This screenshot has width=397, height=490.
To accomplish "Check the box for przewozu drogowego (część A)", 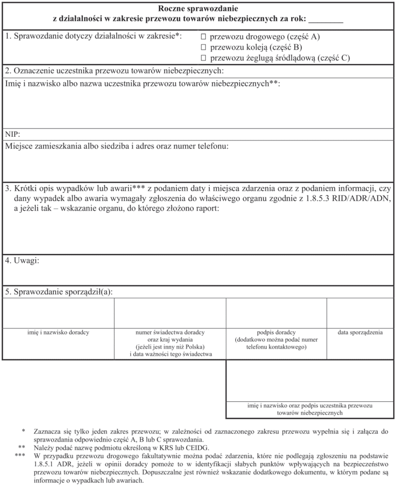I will pos(203,37).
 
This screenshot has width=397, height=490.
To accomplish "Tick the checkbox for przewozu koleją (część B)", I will pos(203,48).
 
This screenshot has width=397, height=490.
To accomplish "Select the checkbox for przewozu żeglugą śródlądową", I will pos(203,58).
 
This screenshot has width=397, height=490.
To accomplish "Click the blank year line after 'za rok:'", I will pos(326,20).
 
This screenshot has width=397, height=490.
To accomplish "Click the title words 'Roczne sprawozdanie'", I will pos(198,8).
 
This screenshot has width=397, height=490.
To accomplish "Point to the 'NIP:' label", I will pos(13,134).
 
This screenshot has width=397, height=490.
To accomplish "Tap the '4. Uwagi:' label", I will pos(22,261).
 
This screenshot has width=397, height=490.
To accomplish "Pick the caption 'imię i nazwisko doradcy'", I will pos(58,333).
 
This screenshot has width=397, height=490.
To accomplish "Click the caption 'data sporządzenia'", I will pos(360,333).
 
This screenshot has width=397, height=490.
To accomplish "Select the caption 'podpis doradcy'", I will pos(276,333).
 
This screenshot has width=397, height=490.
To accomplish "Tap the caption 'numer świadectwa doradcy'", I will pos(170,333).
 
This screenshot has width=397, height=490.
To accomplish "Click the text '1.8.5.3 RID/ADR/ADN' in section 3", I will pos(346,198).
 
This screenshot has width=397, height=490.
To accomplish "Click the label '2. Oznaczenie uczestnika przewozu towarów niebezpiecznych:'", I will pos(114,71).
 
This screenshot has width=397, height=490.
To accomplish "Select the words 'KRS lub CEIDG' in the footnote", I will pos(185,448).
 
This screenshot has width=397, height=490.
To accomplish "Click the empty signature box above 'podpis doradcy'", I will pos(276,313).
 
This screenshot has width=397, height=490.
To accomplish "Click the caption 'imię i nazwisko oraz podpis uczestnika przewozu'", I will pos(310,406).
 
